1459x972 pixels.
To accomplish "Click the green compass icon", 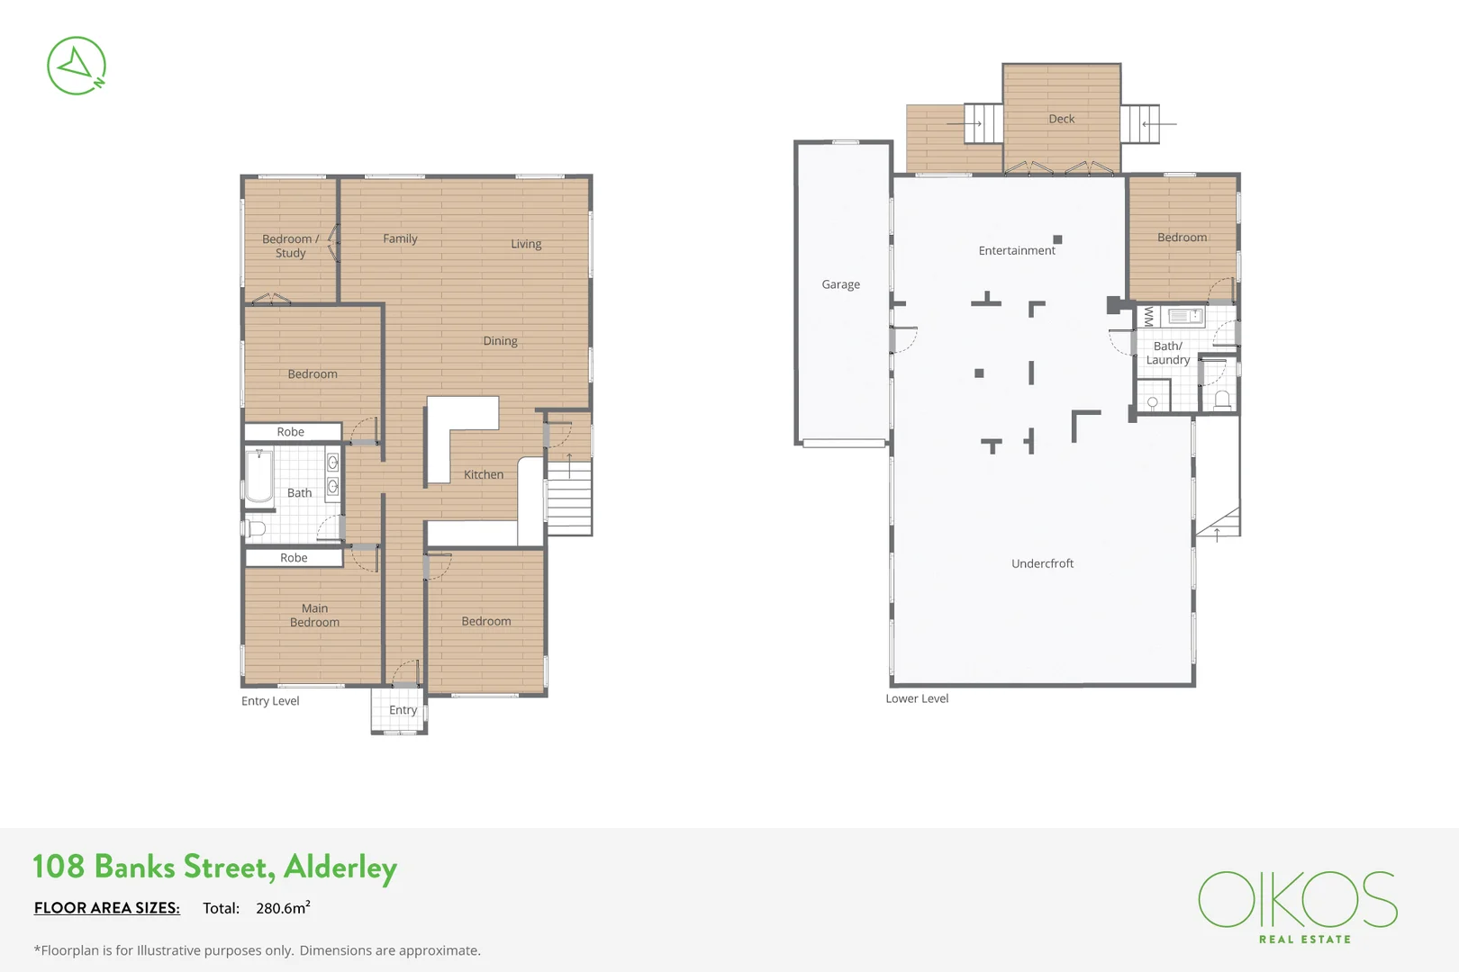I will click(77, 66).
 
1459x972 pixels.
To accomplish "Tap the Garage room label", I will click(840, 284).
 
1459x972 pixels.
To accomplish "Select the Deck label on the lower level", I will click(1061, 119).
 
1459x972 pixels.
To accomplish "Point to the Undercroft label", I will click(1042, 563).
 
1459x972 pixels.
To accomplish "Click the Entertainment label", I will click(1016, 250).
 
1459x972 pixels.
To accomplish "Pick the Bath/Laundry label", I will click(1167, 353).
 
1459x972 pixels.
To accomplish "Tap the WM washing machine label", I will click(1147, 317).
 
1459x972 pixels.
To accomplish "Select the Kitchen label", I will click(484, 474).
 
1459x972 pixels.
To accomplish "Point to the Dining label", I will click(500, 341).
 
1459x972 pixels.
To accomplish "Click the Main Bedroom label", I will click(314, 615).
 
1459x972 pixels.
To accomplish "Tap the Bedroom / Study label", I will click(290, 246).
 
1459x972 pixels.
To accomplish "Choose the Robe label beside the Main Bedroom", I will click(294, 558).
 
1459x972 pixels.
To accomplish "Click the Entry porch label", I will click(403, 710).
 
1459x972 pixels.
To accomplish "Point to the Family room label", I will click(400, 238).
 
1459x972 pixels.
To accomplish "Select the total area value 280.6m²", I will click(283, 907).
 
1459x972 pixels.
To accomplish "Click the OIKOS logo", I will click(1297, 900).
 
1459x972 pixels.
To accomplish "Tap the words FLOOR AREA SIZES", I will click(107, 907).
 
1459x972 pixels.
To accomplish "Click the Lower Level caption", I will click(917, 698).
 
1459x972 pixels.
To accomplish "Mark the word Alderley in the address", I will click(340, 867).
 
